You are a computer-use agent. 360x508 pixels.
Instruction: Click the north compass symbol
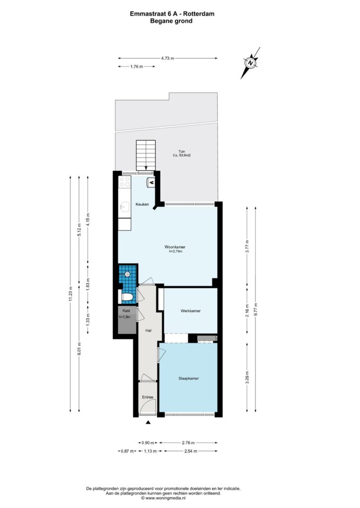pos(250,63)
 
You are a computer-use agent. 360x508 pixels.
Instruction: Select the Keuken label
pos(142,204)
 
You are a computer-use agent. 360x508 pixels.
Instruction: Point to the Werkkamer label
pos(191,311)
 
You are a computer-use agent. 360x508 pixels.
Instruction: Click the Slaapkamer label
pos(189,379)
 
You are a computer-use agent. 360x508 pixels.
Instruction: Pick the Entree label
pos(148,397)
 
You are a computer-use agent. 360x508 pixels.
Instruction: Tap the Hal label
pos(149,330)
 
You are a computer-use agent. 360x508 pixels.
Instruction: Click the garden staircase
pos(146,155)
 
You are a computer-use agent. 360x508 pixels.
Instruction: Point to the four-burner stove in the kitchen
pos(124,182)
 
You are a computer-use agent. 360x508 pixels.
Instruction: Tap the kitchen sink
pos(124,205)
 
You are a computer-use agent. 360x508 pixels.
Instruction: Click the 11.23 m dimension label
pos(70,294)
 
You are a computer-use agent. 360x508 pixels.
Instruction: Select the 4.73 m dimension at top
pos(168,59)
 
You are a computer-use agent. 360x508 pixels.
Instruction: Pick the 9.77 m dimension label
pos(256,310)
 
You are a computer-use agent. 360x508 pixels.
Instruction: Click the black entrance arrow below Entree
pos(148,422)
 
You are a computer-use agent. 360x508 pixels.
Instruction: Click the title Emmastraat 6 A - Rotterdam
pos(172,13)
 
